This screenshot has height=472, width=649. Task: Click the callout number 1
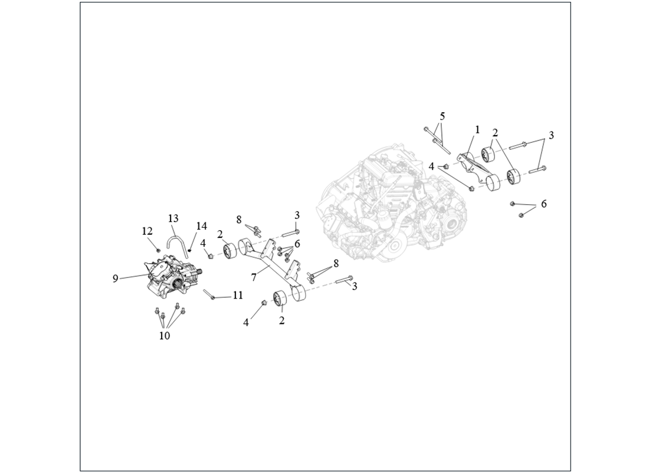click(477, 130)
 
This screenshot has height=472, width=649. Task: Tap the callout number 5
click(442, 116)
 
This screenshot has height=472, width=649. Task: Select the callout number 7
click(254, 277)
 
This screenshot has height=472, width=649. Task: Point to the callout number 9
click(116, 278)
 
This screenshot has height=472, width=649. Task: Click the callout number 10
click(165, 335)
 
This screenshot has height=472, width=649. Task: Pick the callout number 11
click(238, 295)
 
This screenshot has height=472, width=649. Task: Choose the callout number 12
click(147, 231)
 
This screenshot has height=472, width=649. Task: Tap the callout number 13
click(173, 218)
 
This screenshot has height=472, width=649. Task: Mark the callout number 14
click(202, 226)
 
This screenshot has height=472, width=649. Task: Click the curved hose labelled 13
click(169, 240)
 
